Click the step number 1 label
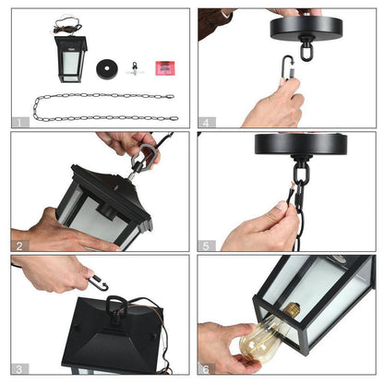19,123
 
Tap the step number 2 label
19,246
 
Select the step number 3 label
19,369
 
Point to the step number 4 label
206,123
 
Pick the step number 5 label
206,246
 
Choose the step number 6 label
206,369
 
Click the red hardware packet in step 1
165,68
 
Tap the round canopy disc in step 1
107,69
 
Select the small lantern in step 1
70,59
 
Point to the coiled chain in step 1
104,107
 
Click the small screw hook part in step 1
135,69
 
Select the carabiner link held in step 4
287,66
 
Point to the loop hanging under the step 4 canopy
306,50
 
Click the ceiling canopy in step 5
301,144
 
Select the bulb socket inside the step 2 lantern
106,211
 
